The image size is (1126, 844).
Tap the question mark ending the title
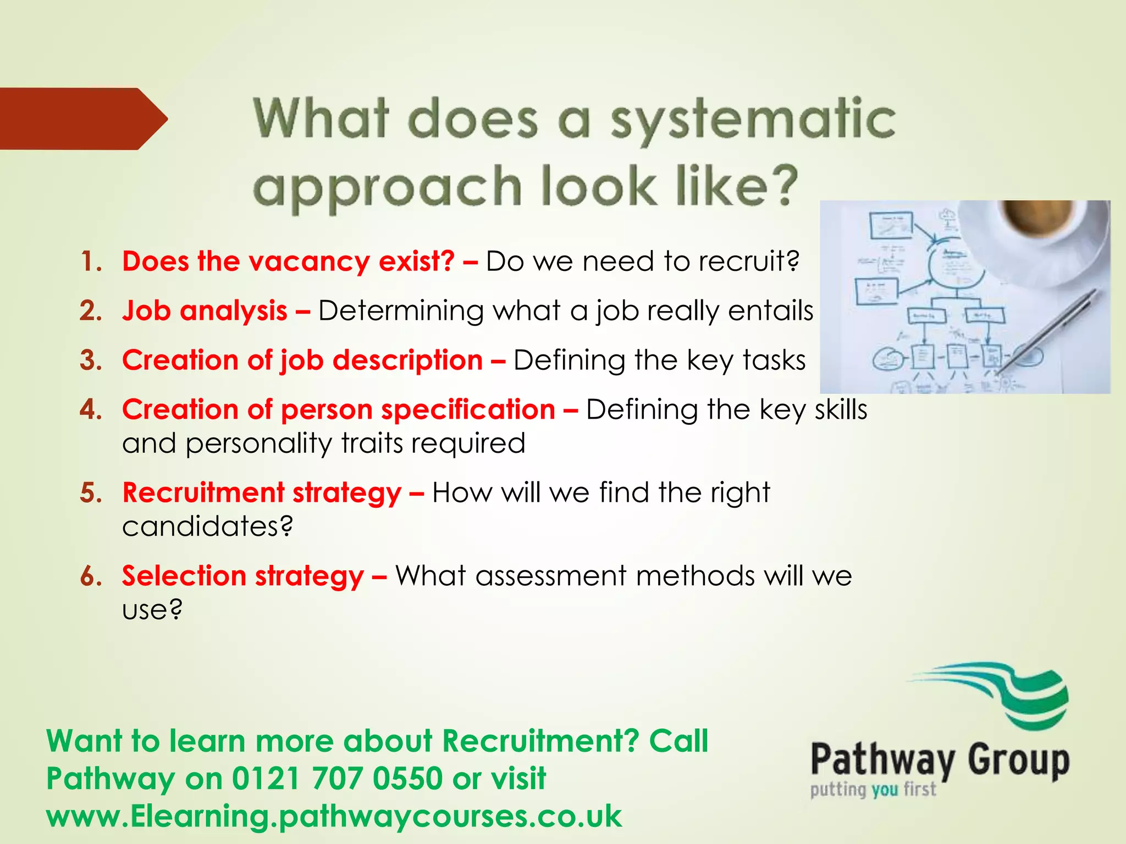pos(780,185)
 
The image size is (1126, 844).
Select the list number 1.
pos(91,262)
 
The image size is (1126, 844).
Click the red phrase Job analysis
pos(205,311)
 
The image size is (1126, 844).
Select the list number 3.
pos(91,360)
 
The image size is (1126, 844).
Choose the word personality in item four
pos(258,443)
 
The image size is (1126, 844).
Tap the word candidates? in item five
pos(207,526)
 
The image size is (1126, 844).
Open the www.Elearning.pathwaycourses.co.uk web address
pos(334,816)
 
